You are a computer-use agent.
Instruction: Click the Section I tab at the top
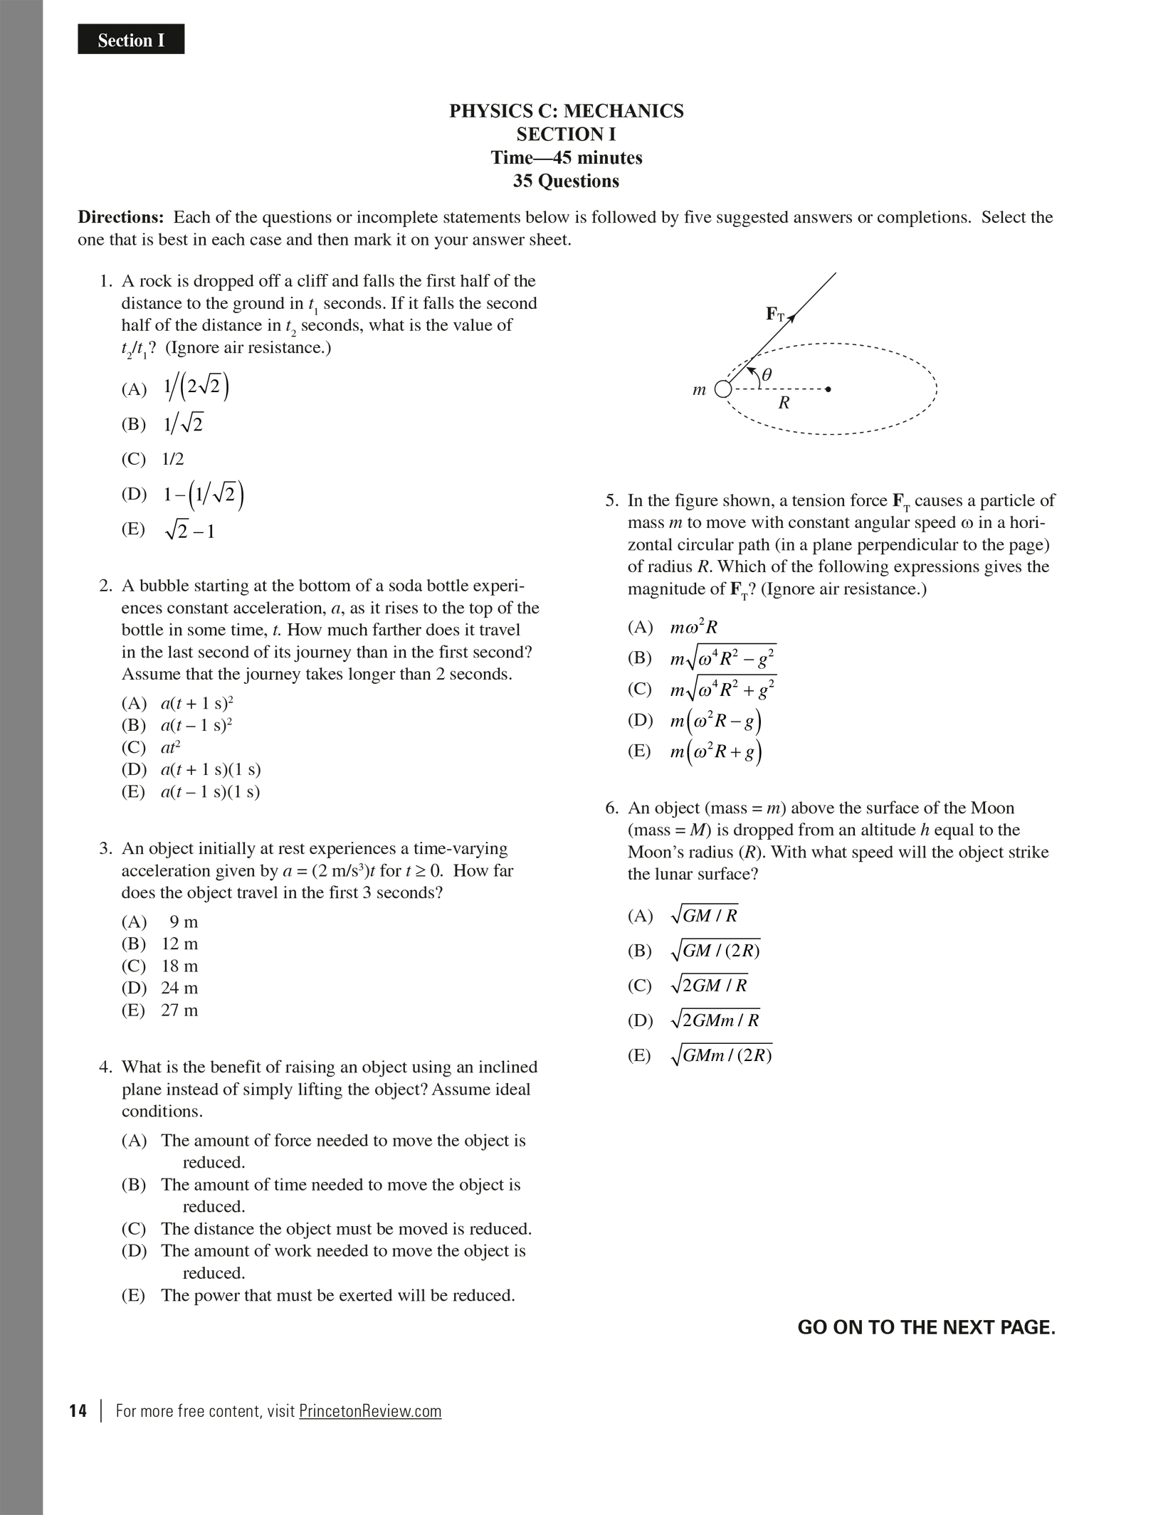(131, 40)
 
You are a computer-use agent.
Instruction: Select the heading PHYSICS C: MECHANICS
(566, 111)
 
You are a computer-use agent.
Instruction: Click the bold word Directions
(120, 217)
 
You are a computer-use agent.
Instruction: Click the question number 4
(105, 1067)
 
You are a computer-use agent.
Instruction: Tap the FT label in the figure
(774, 314)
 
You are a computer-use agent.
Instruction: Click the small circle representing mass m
(722, 389)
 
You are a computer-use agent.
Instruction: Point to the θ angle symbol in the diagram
(766, 374)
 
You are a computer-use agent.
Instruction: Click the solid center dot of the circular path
(828, 389)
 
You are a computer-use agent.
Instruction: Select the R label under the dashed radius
(784, 403)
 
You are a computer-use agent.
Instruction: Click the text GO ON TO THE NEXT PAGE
(926, 1327)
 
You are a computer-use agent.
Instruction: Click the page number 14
(78, 1411)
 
